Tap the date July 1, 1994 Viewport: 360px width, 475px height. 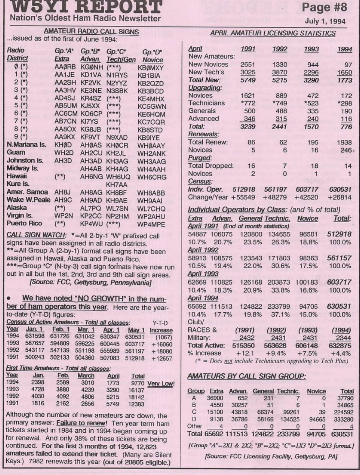pyautogui.click(x=325, y=22)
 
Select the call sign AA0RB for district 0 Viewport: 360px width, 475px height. pyautogui.click(x=64, y=67)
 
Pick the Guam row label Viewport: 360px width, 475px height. pyautogui.click(x=16, y=152)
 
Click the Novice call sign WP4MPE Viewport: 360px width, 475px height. pyautogui.click(x=151, y=224)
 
